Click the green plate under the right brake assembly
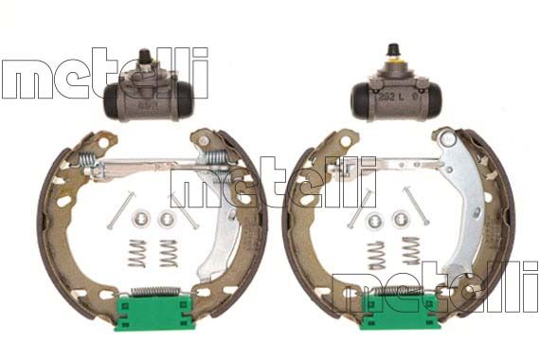(399, 312)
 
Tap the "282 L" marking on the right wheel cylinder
(391, 97)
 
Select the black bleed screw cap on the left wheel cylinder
(144, 56)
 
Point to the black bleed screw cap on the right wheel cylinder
(392, 50)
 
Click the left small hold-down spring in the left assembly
(137, 253)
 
